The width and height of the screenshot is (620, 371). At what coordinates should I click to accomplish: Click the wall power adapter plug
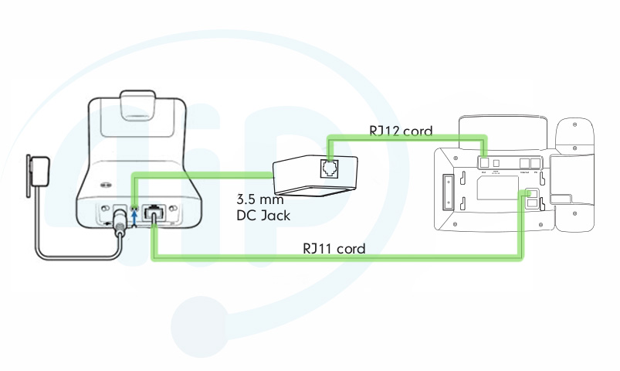(39, 170)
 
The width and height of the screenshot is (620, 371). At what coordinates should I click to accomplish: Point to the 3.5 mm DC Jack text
(263, 207)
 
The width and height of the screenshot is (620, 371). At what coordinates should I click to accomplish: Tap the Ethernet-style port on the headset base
(154, 212)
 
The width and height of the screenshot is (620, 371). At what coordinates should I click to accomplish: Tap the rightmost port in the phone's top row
(540, 162)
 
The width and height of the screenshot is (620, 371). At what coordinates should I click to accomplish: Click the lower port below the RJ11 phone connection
(531, 204)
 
